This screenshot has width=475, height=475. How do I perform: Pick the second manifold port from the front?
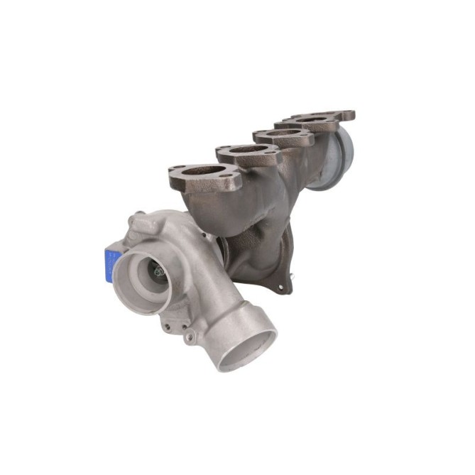[246, 151]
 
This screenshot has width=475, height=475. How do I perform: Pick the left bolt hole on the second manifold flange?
[222, 151]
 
